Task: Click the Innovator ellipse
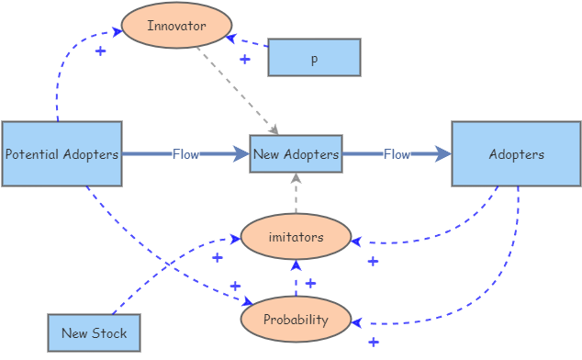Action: point(176,26)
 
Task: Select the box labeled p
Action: point(314,58)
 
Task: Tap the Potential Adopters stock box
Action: point(62,154)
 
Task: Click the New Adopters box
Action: point(296,154)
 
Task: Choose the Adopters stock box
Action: point(516,154)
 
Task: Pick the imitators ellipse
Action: point(296,238)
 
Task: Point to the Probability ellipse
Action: point(296,319)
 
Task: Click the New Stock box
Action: point(95,333)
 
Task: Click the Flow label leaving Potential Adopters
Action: point(185,154)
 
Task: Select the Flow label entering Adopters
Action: point(397,154)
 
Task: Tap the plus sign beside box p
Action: point(244,59)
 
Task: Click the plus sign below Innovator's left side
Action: point(100,51)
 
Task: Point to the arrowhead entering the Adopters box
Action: point(443,154)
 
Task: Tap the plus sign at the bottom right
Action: point(373,343)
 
